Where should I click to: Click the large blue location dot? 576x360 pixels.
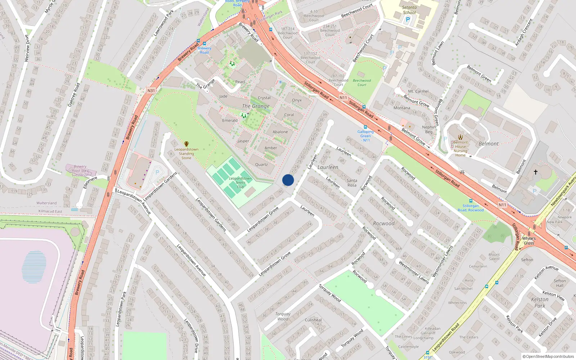288,180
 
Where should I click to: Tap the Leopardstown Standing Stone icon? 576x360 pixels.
186,144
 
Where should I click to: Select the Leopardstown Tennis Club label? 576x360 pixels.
240,183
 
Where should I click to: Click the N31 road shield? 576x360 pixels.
151,91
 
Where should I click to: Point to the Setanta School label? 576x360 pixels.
409,10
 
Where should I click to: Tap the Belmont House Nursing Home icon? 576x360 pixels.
460,137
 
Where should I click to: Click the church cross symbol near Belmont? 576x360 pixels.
535,172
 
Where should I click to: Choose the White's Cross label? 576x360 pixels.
529,240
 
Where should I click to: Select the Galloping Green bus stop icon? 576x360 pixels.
365,127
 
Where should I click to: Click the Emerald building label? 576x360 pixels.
230,121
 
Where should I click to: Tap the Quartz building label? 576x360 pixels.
261,165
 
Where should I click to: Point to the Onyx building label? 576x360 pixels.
297,100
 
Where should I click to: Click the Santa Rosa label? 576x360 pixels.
352,183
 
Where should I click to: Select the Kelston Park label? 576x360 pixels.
540,302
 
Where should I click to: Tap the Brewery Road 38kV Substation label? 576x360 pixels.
80,171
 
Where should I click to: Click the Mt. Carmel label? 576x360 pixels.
418,91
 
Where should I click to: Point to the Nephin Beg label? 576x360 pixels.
429,129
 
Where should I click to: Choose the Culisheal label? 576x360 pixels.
313,320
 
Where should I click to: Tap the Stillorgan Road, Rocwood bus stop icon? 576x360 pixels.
471,201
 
